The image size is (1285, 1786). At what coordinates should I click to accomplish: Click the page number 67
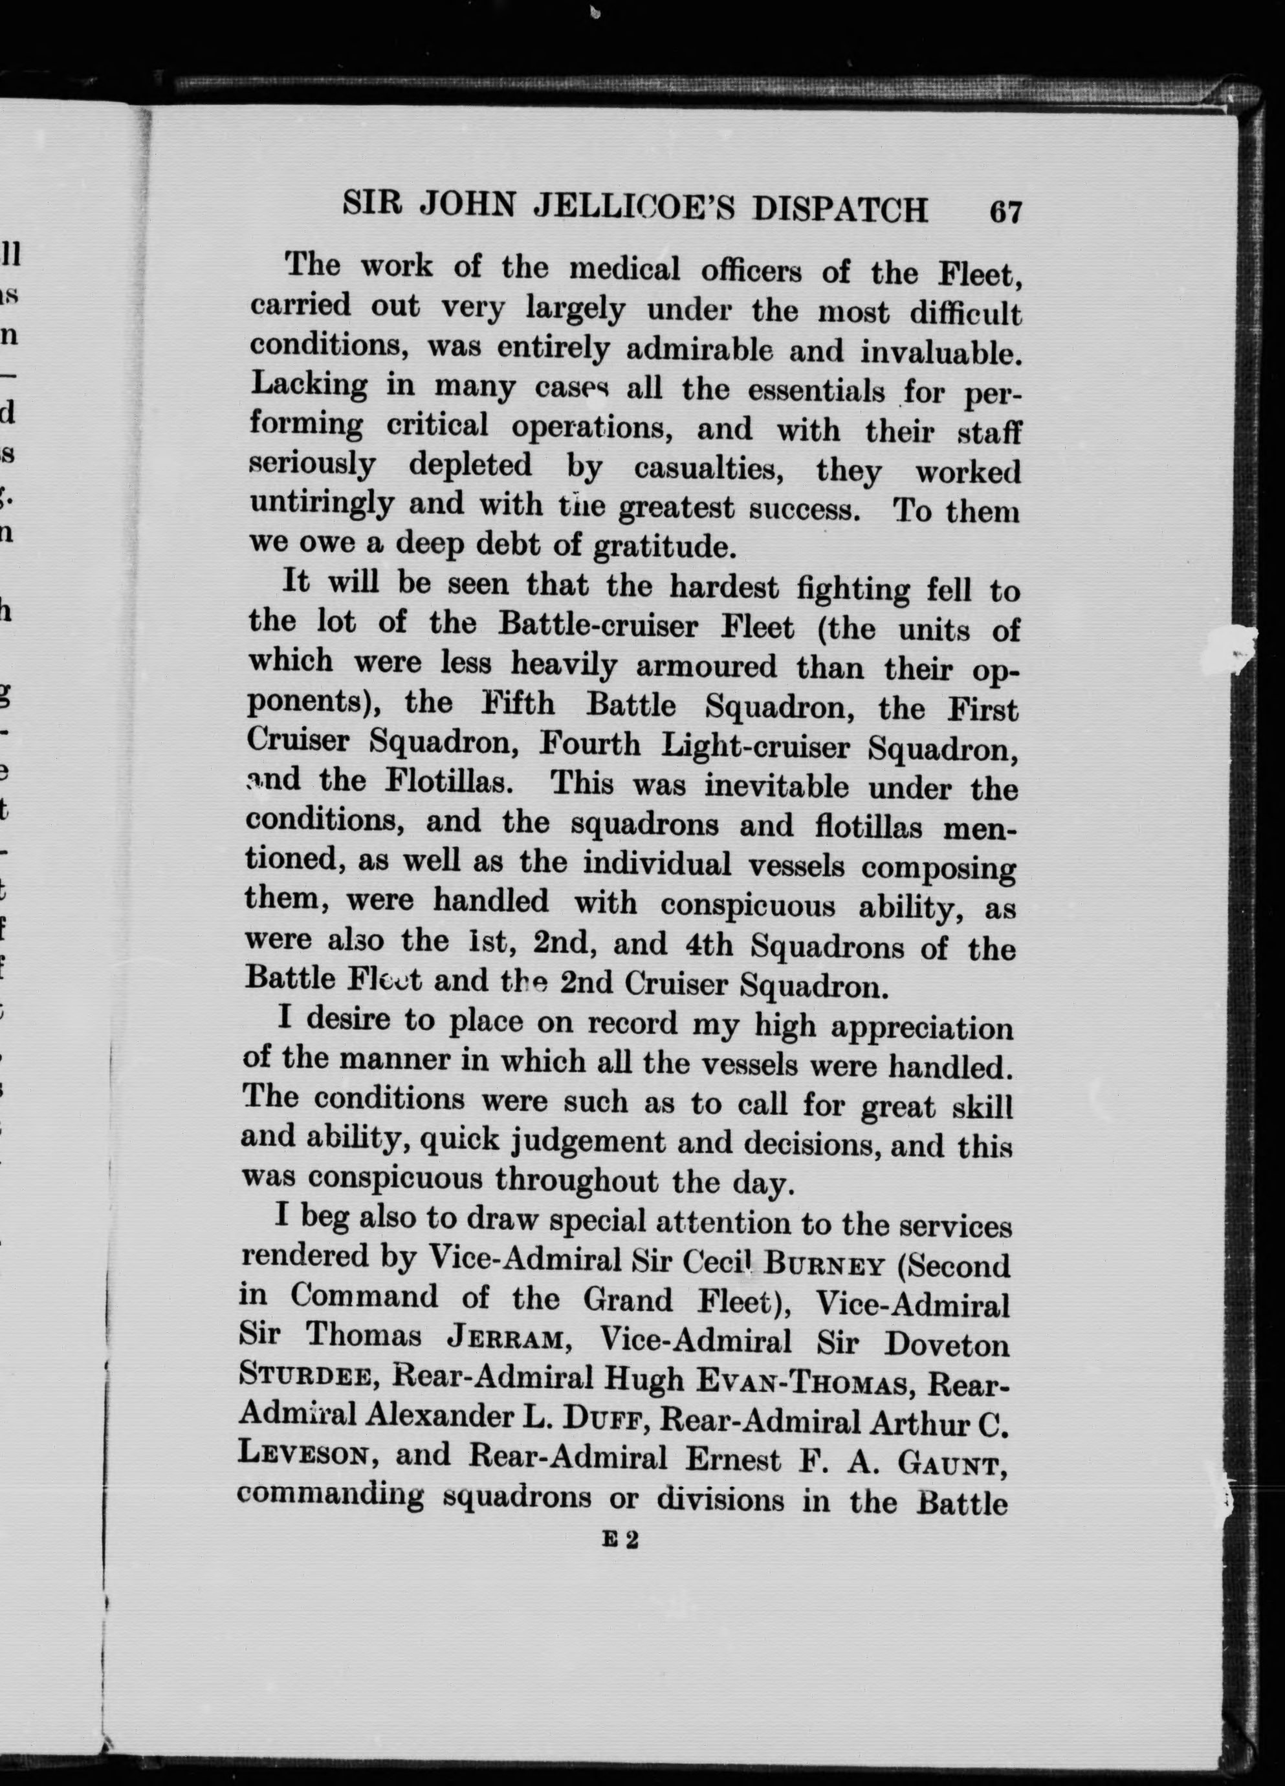coord(1005,213)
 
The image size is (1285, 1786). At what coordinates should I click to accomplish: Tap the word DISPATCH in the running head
coord(840,210)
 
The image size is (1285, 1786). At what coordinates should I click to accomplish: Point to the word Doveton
coord(947,1343)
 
